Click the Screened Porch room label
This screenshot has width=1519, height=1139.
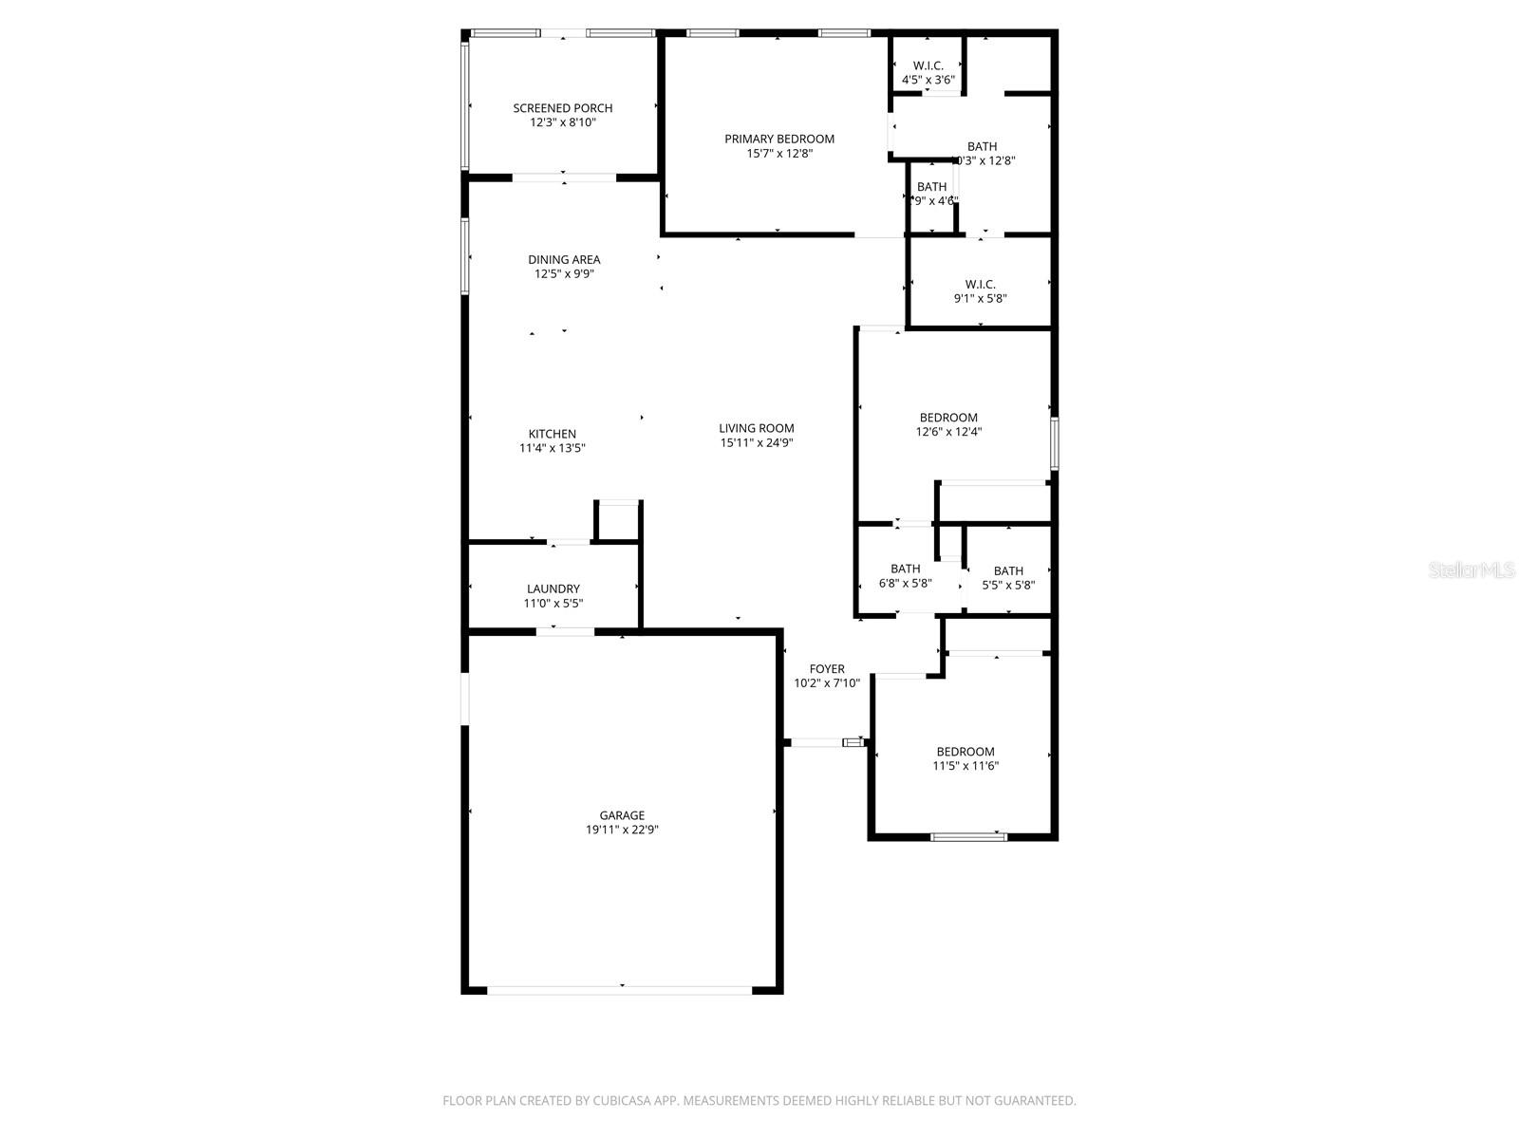tap(562, 108)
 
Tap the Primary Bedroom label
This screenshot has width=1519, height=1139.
tap(779, 139)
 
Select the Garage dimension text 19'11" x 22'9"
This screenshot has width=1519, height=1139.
tap(622, 830)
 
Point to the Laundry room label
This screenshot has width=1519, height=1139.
tap(553, 588)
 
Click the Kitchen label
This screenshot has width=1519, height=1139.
tap(552, 434)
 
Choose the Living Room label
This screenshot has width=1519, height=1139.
tap(756, 428)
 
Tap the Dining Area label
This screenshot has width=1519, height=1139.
tap(564, 259)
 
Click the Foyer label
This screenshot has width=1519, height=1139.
tap(827, 668)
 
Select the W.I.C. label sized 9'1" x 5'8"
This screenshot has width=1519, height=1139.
tap(980, 284)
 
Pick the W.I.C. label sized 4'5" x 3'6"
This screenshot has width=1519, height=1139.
tap(928, 65)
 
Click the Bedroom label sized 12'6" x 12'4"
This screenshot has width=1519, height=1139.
tap(947, 418)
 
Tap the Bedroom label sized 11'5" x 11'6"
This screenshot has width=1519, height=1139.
tap(966, 752)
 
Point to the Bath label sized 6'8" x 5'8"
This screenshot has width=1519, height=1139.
tap(905, 569)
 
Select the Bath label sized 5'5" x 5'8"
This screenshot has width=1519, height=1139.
tap(1008, 570)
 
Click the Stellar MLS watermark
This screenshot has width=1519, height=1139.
tap(1471, 570)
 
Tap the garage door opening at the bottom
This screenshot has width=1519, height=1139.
tap(621, 990)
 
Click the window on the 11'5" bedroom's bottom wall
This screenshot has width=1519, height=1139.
tap(967, 836)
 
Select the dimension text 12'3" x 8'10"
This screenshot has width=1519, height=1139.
tap(562, 122)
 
